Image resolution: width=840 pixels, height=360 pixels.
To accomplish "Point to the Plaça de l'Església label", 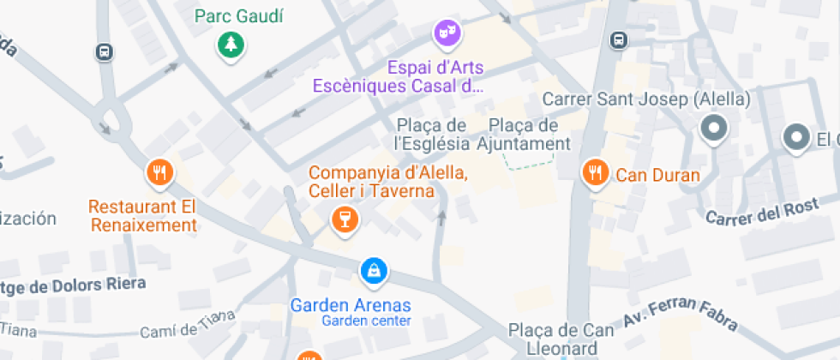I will click(x=432, y=135).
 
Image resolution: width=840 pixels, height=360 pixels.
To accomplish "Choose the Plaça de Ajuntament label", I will click(x=523, y=135).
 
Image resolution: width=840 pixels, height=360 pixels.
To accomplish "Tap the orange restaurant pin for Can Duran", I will click(x=595, y=173).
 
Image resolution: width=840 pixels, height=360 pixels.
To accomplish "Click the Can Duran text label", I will click(x=657, y=177).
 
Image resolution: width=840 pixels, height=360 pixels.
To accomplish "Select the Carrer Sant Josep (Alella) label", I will click(x=646, y=99).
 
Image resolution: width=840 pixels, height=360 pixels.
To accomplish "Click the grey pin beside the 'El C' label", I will click(x=797, y=137).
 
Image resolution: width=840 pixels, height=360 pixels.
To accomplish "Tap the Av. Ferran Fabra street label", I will click(x=681, y=315).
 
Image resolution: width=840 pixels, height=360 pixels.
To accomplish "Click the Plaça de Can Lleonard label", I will click(x=561, y=339).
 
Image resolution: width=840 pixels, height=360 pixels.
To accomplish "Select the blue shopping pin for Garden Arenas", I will click(x=373, y=272).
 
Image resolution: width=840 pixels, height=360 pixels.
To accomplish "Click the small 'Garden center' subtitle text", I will click(x=366, y=321).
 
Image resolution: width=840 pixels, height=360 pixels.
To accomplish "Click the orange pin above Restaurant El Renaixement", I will click(x=159, y=174).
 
